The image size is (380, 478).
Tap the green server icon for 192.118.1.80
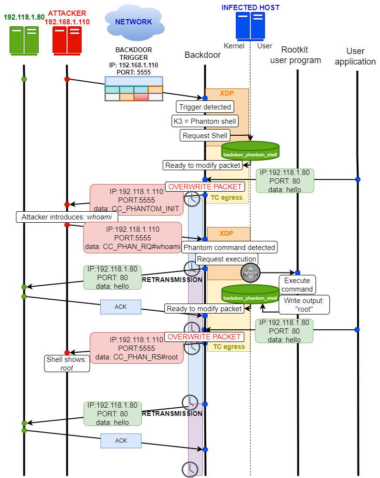pos(24,40)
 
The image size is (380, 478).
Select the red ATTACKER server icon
pos(67,40)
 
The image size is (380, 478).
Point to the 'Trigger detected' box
pos(205,107)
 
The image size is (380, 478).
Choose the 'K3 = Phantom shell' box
pos(205,121)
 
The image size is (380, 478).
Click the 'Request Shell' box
pos(205,135)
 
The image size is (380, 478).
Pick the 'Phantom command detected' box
pos(229,248)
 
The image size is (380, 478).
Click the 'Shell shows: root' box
pos(67,364)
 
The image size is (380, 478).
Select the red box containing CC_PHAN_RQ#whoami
pos(132,238)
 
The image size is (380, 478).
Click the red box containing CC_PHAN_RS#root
pos(137,348)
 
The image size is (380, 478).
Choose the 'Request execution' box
pos(226,259)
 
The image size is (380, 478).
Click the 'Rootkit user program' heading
pos(296,55)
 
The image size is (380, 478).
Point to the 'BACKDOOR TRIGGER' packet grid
pos(134,89)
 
